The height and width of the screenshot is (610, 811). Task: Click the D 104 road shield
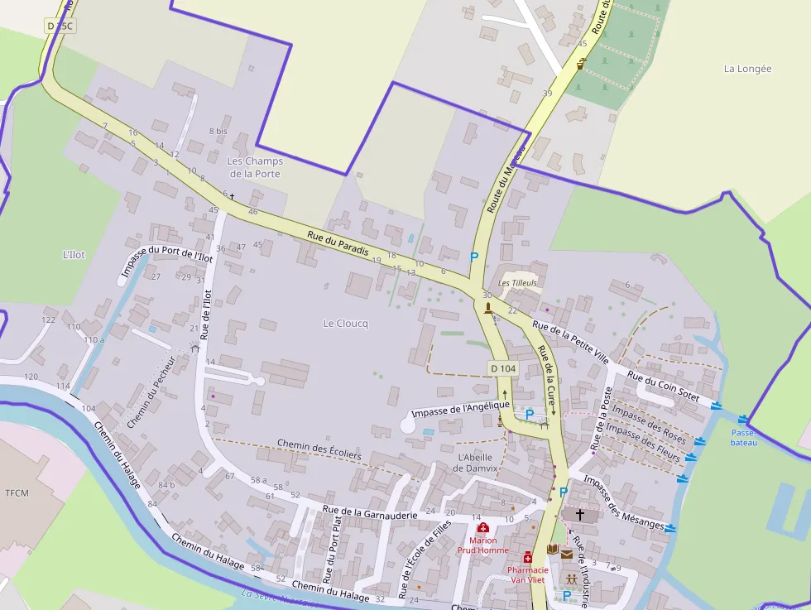(502, 368)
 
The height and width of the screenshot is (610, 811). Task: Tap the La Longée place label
(747, 69)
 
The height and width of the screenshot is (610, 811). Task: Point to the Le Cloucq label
(345, 324)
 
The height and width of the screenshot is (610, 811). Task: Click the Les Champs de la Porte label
(255, 167)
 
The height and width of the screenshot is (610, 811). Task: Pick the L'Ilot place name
(74, 255)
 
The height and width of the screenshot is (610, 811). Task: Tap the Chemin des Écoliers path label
(319, 449)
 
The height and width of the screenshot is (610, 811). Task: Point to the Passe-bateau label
(743, 438)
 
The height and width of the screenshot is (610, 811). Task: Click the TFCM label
(17, 493)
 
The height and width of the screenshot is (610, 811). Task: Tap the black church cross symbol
(580, 515)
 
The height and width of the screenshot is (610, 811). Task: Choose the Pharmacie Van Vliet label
(527, 575)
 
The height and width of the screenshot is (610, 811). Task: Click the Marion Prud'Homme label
(482, 545)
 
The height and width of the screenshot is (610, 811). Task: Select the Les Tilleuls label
(517, 283)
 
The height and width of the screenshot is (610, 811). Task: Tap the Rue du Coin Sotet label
(663, 387)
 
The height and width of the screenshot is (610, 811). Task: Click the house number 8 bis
(218, 131)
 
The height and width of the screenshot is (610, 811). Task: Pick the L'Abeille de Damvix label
(475, 463)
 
